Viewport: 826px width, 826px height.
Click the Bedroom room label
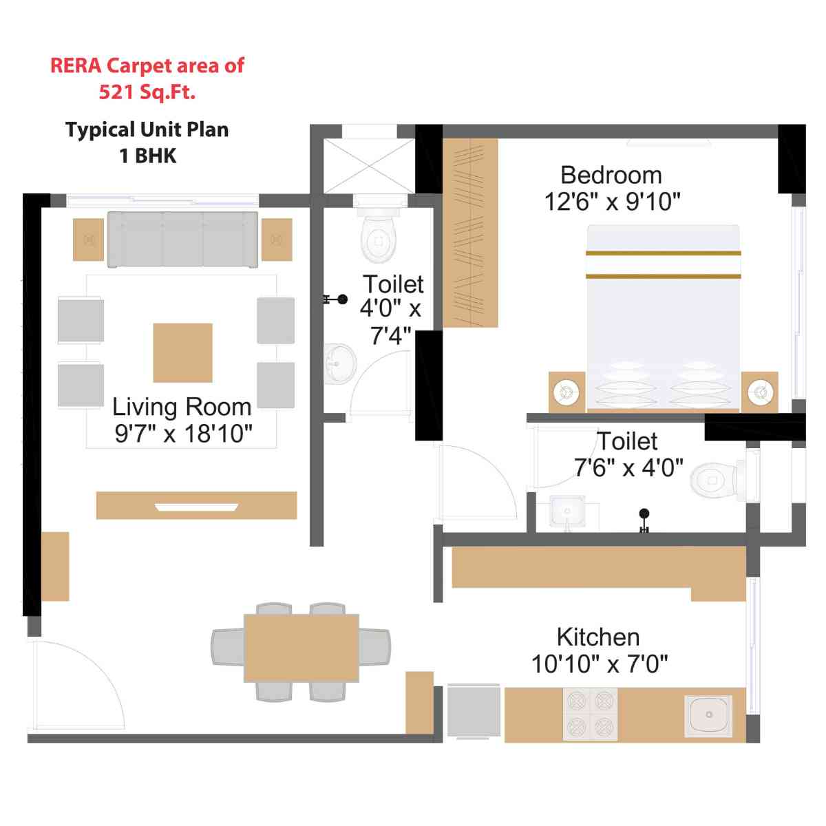[611, 176]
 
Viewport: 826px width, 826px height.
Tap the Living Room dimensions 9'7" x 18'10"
[183, 434]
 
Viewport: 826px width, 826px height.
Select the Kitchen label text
[597, 637]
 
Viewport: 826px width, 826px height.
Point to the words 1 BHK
[147, 156]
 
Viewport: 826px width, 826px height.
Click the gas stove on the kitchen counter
[590, 714]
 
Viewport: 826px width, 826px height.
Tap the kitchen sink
[708, 715]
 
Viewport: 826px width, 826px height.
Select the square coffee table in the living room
[182, 352]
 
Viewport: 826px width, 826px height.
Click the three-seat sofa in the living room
[182, 239]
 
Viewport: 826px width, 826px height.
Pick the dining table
[301, 648]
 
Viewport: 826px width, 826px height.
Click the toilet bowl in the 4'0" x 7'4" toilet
[379, 237]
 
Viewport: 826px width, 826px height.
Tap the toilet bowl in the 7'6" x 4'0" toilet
[713, 479]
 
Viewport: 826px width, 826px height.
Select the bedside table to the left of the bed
[566, 392]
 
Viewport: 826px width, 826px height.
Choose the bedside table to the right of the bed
[760, 392]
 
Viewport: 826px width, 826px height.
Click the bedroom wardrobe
[470, 233]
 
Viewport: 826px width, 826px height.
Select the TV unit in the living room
[196, 505]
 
